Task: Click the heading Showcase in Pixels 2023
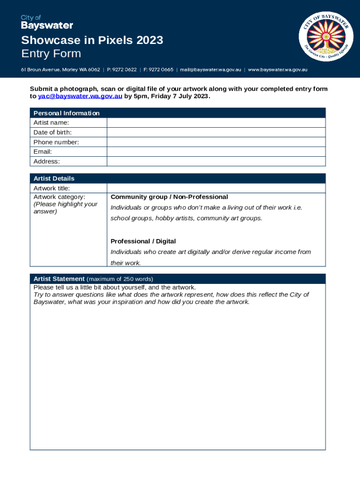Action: (x=92, y=40)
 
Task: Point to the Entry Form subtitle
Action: (x=51, y=54)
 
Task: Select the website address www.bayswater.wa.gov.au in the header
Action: (x=277, y=70)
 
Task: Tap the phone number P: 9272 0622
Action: (x=122, y=70)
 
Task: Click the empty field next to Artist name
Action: (x=216, y=123)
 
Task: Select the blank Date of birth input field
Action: (x=216, y=132)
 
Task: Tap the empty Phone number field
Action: (x=216, y=142)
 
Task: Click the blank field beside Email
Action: (x=216, y=152)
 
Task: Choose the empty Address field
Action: (x=216, y=161)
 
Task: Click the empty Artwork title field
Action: (x=216, y=188)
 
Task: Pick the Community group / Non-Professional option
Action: (x=169, y=197)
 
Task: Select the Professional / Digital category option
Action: (x=143, y=241)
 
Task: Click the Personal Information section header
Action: (x=66, y=113)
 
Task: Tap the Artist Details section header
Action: (x=54, y=179)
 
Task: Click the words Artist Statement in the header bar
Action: (x=59, y=279)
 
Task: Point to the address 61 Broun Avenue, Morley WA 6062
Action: (x=60, y=70)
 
